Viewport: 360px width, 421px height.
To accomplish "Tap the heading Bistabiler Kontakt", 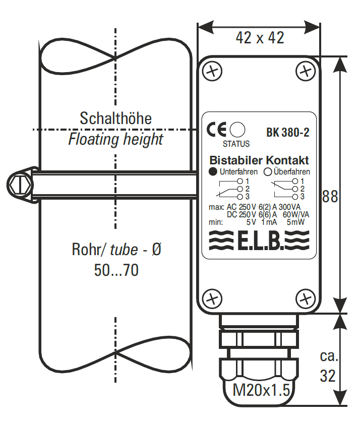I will coord(259,161).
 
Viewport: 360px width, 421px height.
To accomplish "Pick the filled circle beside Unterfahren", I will coord(213,171).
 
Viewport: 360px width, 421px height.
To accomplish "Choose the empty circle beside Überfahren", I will coord(268,171).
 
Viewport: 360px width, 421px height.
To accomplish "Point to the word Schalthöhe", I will coord(116,118).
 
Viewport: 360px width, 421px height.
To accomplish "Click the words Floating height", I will coord(116,139).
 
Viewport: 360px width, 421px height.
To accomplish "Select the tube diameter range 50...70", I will coord(116,271).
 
